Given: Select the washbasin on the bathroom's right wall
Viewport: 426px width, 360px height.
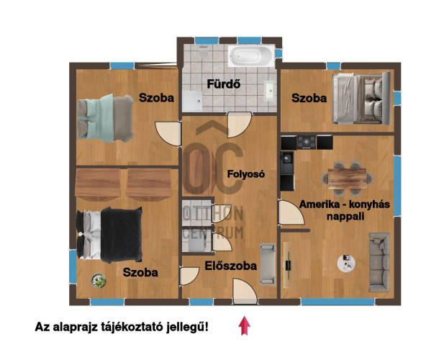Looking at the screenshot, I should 269,90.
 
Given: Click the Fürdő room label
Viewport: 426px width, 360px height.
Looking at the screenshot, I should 223,84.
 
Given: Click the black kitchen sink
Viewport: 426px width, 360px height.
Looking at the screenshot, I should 287,159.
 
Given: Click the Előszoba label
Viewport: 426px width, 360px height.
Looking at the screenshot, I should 231,266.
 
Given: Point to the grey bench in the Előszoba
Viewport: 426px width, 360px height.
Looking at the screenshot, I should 267,264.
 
